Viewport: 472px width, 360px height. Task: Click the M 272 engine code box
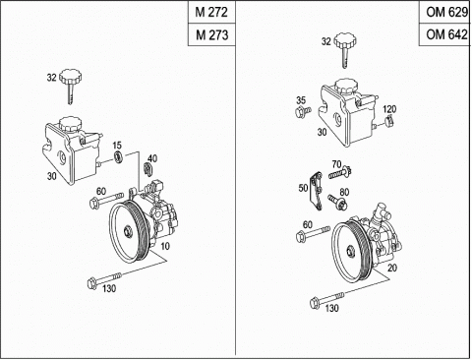[x=211, y=12]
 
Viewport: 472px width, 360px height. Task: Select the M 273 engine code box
[x=211, y=34]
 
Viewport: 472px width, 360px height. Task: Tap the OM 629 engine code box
[x=445, y=12]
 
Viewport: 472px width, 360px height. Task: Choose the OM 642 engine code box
[x=445, y=34]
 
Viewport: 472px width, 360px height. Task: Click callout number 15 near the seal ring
[x=117, y=146]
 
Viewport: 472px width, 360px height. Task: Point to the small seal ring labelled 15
[x=118, y=156]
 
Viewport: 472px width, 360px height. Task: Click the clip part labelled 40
[x=148, y=169]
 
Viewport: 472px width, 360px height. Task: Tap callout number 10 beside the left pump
[x=165, y=246]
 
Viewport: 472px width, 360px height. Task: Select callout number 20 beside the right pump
[x=392, y=268]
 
